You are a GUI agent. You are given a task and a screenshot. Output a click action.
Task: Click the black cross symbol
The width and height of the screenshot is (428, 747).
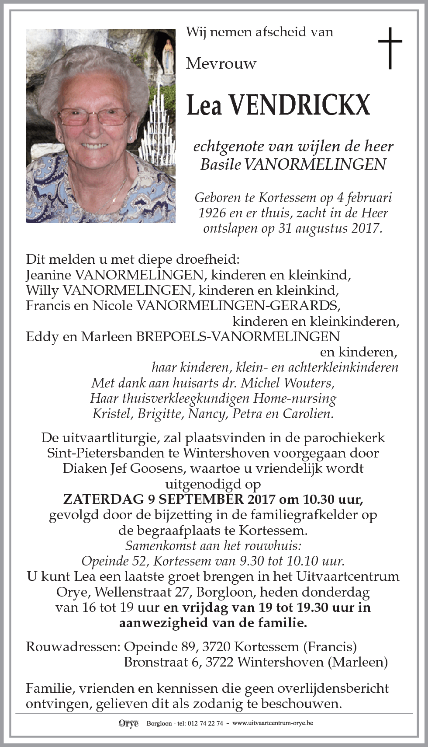(x=390, y=48)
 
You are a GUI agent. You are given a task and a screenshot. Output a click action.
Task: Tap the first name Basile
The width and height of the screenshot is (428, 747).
(x=220, y=164)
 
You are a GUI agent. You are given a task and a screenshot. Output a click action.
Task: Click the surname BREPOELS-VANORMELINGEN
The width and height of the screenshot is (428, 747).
(x=238, y=337)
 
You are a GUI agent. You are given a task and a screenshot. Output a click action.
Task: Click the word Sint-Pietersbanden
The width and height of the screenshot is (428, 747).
(x=103, y=453)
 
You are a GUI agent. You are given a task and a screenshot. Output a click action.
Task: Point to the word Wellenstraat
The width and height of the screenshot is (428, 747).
(x=142, y=592)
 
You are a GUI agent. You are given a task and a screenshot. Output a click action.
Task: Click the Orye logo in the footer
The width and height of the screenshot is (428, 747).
(x=128, y=723)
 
